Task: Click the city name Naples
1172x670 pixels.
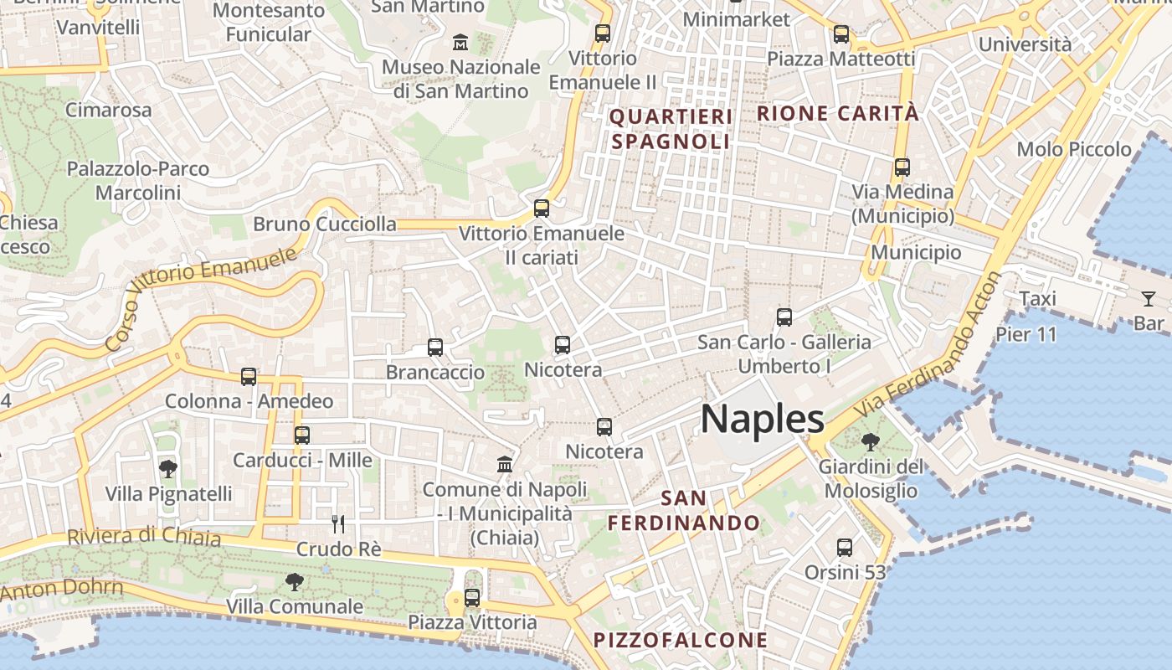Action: (x=762, y=418)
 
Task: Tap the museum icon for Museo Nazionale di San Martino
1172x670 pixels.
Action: (x=460, y=42)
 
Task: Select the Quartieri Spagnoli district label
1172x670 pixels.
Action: (x=671, y=129)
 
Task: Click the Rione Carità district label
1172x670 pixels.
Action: (x=838, y=113)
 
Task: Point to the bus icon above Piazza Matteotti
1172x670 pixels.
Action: (x=841, y=34)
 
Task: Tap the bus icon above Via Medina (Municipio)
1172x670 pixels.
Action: (x=902, y=167)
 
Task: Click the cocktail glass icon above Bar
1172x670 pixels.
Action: (x=1148, y=298)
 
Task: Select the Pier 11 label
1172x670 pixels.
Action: (x=1026, y=334)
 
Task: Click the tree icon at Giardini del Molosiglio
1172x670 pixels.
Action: (x=871, y=441)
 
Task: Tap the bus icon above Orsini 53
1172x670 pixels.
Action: (x=845, y=548)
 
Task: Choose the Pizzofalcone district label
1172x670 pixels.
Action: (x=681, y=641)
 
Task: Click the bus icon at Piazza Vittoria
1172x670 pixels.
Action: (x=472, y=598)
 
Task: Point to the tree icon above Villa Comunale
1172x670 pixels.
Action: (x=294, y=580)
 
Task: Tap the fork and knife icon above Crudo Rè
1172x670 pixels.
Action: (x=338, y=524)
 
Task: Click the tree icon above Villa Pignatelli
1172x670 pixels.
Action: (x=168, y=468)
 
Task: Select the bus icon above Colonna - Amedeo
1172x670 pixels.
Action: (x=249, y=377)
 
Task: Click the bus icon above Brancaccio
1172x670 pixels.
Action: (x=434, y=348)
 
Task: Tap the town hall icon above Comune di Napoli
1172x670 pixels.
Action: (x=505, y=464)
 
